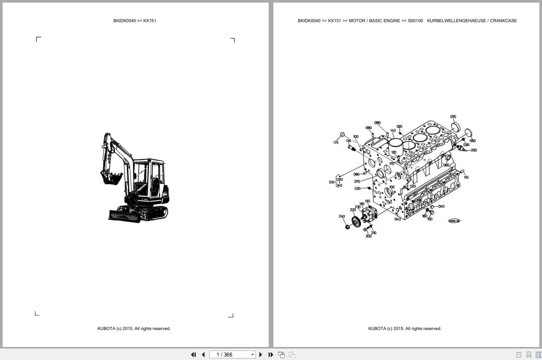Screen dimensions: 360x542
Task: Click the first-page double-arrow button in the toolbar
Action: click(x=193, y=355)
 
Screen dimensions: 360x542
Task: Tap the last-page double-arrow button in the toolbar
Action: click(x=271, y=355)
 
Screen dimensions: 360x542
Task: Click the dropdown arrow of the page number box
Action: click(x=253, y=355)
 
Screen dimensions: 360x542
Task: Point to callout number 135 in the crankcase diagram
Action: click(x=336, y=142)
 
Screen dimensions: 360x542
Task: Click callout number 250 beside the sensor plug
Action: click(x=473, y=150)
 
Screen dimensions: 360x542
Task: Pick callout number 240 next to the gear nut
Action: click(x=342, y=216)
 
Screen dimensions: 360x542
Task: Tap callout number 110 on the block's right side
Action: click(x=466, y=177)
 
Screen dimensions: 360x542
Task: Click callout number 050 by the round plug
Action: click(x=472, y=140)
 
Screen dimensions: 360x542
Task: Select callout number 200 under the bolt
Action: click(x=369, y=236)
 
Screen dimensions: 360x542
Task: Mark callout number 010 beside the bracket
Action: click(x=331, y=182)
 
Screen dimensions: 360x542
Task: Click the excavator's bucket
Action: click(x=111, y=178)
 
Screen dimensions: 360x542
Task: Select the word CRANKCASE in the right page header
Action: click(x=503, y=21)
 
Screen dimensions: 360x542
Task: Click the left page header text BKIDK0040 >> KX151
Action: click(x=135, y=21)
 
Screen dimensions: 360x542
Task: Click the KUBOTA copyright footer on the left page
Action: click(x=134, y=329)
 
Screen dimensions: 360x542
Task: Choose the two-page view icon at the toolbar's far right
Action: click(x=539, y=355)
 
